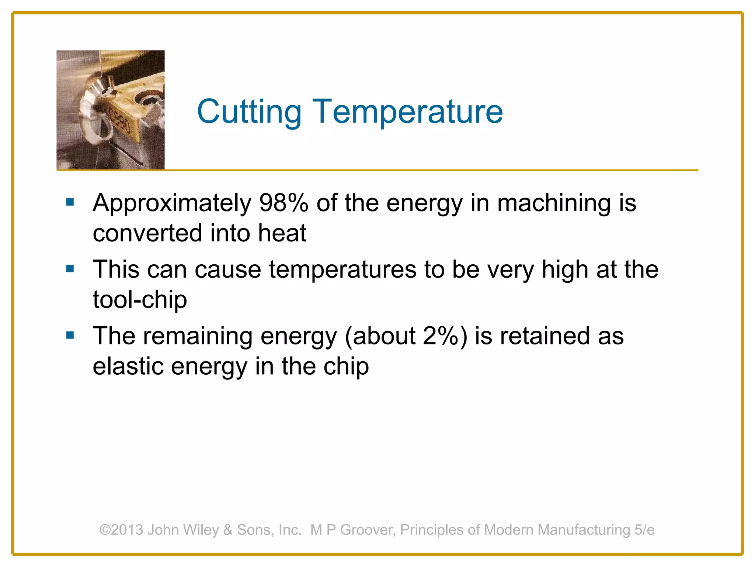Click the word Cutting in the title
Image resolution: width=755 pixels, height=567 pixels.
point(249,111)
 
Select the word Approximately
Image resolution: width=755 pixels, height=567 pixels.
point(172,204)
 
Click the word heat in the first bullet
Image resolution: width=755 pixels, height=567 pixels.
point(282,233)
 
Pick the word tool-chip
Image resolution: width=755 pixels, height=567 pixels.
point(140,299)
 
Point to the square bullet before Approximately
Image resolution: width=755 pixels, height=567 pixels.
point(70,202)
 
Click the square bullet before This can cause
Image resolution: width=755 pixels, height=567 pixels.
point(70,268)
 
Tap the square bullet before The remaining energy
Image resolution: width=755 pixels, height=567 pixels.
point(70,335)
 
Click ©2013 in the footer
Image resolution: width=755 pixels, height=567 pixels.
point(121,530)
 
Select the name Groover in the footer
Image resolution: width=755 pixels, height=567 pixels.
point(368,530)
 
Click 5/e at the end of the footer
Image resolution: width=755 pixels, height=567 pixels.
point(644,530)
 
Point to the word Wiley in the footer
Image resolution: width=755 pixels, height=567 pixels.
point(201,530)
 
